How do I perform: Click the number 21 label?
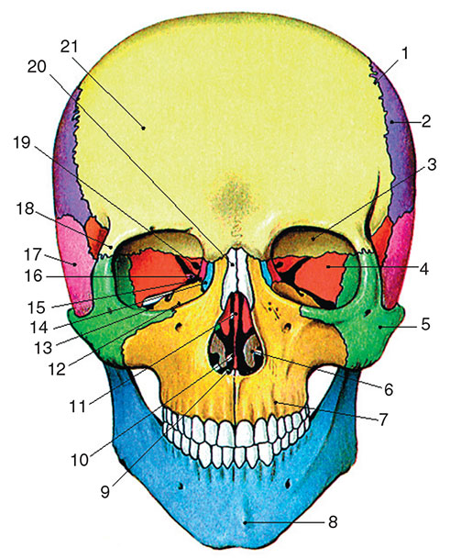pyautogui.click(x=69, y=46)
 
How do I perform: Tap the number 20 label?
pyautogui.click(x=37, y=66)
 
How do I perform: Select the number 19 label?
pyautogui.click(x=22, y=142)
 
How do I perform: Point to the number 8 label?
pyautogui.click(x=333, y=522)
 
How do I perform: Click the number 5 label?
pyautogui.click(x=425, y=324)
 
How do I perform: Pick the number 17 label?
pyautogui.click(x=33, y=254)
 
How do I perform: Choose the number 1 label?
pyautogui.click(x=404, y=53)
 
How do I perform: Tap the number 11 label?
pyautogui.click(x=77, y=406)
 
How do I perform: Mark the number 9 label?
pyautogui.click(x=105, y=492)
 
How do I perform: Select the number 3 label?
pyautogui.click(x=432, y=164)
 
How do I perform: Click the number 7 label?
pyautogui.click(x=383, y=419)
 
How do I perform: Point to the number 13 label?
pyautogui.click(x=43, y=348)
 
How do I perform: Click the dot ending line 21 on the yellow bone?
pyautogui.click(x=144, y=128)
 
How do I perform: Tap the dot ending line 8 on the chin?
pyautogui.click(x=245, y=522)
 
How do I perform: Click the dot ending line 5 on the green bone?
pyautogui.click(x=380, y=326)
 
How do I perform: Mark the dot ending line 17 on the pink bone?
pyautogui.click(x=75, y=264)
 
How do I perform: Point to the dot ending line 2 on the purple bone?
pyautogui.click(x=391, y=122)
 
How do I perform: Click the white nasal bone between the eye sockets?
pyautogui.click(x=235, y=274)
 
